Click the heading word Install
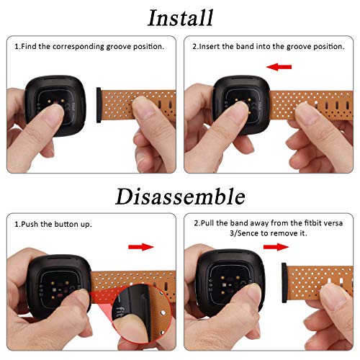point(181,18)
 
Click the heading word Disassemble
point(180,197)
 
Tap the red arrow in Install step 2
point(279,67)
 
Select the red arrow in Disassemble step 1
point(141,247)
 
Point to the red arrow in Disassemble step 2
point(276,247)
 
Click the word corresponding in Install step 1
point(78,47)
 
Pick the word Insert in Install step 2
point(210,46)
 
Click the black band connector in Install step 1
point(99,105)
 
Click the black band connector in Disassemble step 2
point(284,282)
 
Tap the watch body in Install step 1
point(55,106)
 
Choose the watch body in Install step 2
point(241,105)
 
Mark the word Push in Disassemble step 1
point(30,224)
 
